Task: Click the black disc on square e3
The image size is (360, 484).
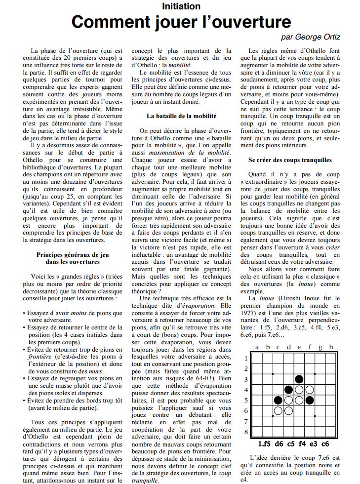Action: point(299,379)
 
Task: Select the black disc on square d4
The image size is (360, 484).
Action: point(289,389)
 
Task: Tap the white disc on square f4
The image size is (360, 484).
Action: point(310,389)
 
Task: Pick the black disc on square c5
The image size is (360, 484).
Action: point(279,400)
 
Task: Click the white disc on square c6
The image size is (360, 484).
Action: point(279,410)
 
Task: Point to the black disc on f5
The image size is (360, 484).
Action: point(310,400)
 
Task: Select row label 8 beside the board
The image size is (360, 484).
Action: point(247,431)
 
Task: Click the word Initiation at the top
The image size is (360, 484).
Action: point(181,6)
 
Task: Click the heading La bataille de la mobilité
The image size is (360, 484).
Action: point(181,116)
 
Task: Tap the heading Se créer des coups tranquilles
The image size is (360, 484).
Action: point(290,161)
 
